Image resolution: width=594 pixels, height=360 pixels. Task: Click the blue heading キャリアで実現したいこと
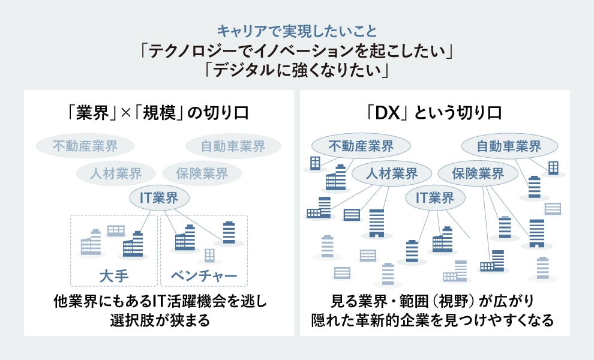(297, 29)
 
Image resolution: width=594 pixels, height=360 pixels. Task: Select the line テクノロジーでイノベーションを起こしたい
(297, 50)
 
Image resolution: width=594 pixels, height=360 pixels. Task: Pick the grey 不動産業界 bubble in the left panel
(85, 146)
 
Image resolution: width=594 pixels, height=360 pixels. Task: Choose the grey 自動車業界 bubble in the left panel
(233, 146)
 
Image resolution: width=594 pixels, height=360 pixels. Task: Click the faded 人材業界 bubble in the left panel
(116, 174)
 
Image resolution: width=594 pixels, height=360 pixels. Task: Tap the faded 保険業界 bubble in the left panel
(202, 174)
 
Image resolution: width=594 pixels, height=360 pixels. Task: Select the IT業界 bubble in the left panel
(160, 198)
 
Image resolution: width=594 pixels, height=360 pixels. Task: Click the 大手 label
(114, 276)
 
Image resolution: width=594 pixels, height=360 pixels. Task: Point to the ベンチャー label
(204, 276)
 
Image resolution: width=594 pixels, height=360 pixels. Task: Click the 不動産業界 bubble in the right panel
(361, 146)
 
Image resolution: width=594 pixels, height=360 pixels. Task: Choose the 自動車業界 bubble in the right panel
(509, 146)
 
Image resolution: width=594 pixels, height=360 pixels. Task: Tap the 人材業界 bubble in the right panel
(392, 174)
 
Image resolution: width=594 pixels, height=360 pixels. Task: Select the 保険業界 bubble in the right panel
(478, 174)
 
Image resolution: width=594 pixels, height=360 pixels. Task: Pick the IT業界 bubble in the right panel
(435, 198)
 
